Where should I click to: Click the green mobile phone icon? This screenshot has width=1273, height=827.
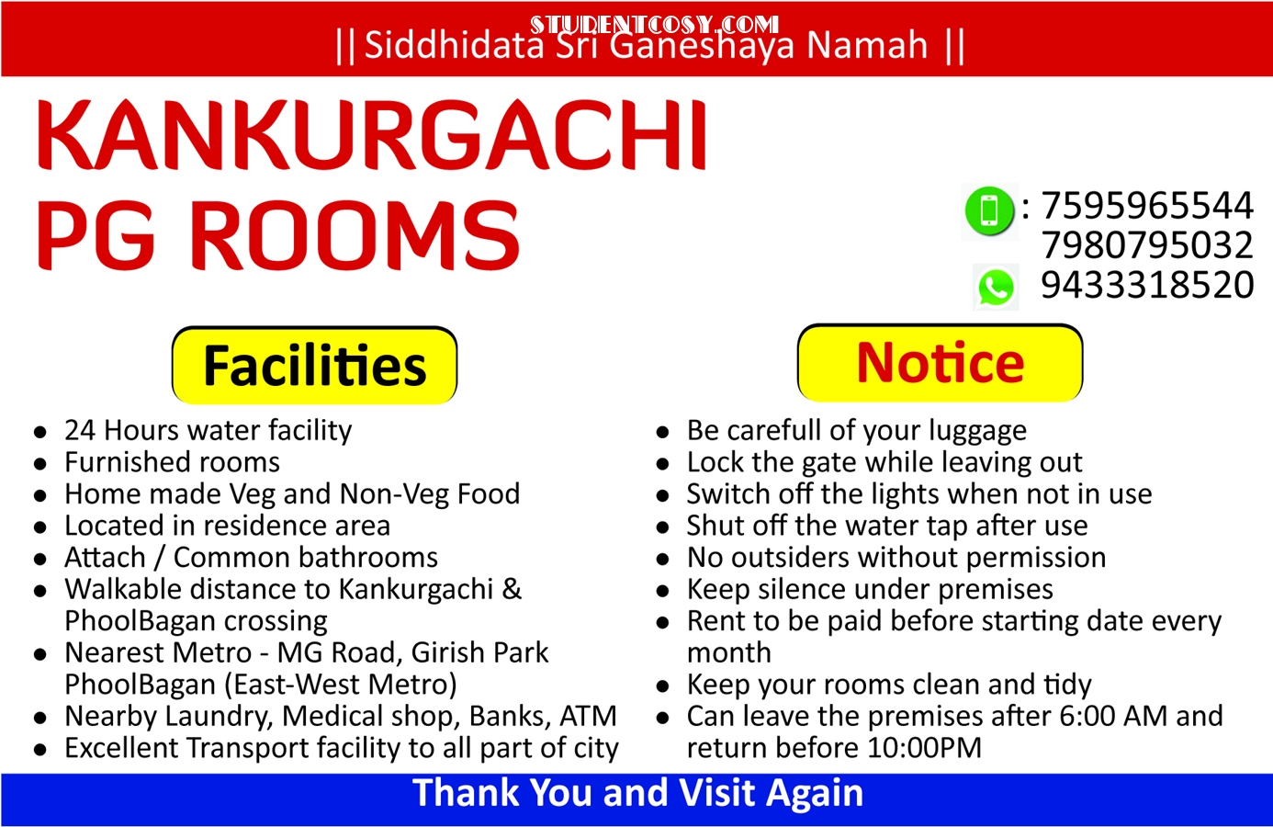point(989,210)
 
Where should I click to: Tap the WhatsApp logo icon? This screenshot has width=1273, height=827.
point(995,288)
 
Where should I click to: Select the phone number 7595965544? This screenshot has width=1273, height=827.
point(1147,205)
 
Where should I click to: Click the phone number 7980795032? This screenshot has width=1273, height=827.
point(1147,245)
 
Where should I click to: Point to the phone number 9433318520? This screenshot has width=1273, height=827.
point(1147,285)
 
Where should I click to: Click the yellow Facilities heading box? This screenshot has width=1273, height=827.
point(314,365)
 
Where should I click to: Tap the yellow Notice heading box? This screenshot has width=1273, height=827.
point(940,363)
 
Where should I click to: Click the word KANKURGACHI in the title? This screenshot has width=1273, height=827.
point(372,135)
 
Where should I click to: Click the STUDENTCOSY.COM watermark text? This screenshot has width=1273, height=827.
point(654,25)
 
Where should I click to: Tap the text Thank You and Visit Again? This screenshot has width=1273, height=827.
point(637,792)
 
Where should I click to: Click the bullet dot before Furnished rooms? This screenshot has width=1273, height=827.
point(39,464)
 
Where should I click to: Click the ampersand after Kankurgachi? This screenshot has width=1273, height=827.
point(512,589)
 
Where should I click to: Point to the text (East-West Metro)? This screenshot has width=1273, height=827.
point(341,685)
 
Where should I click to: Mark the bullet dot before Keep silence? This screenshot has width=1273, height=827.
point(662,591)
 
